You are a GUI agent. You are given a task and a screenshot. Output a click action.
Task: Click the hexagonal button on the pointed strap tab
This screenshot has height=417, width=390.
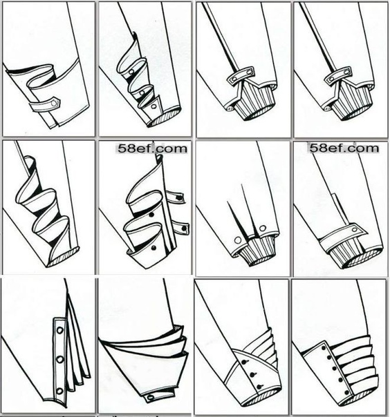tap(55, 103)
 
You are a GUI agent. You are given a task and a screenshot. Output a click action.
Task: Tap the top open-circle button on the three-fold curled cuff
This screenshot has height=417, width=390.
tap(131, 72)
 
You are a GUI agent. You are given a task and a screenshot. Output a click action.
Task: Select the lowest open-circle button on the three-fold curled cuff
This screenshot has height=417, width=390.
tap(154, 106)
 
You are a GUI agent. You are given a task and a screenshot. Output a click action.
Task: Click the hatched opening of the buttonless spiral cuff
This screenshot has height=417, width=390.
tap(64, 257)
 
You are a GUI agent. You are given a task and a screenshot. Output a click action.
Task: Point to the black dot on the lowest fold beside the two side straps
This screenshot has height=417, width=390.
tap(154, 248)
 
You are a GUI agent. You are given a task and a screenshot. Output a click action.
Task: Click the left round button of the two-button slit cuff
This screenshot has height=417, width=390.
tap(238, 241)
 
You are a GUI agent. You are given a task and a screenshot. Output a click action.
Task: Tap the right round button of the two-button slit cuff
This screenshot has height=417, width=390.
tap(262, 229)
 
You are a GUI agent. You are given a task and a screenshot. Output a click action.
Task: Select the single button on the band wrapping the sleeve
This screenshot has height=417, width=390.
tap(355, 229)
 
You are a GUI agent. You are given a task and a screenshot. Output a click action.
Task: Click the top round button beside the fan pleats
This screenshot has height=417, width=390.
tap(59, 330)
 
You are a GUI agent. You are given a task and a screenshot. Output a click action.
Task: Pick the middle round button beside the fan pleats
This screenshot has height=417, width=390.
tap(60, 360)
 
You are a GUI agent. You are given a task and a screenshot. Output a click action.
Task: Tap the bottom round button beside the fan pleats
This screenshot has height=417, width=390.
tap(60, 391)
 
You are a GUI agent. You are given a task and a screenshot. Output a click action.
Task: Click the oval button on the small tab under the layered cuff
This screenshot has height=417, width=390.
tap(151, 398)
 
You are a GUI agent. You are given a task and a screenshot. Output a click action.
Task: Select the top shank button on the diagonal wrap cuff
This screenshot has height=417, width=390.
tap(243, 362)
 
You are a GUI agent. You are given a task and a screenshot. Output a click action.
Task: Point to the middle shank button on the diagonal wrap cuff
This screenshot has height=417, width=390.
tap(252, 375)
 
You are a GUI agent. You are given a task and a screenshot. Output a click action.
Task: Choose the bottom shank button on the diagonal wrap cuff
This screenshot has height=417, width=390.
tap(259, 387)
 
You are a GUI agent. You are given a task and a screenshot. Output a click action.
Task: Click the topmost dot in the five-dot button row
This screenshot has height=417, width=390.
tap(324, 348)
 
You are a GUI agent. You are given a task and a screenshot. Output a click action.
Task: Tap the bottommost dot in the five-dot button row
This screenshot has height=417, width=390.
tap(346, 392)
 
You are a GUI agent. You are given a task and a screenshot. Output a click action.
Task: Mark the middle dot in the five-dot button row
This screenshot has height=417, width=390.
tap(334, 369)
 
